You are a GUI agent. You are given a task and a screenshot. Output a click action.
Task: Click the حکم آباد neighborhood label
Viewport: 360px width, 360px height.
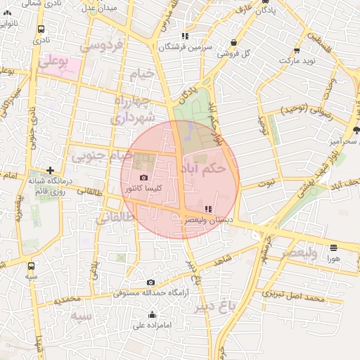click(x=203, y=169)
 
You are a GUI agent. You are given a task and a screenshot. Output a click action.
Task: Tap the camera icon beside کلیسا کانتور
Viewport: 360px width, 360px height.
click(x=144, y=178)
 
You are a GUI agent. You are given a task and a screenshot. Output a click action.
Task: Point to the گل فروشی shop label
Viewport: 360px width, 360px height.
click(x=239, y=53)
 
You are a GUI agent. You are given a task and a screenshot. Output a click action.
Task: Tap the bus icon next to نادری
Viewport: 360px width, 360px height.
click(x=41, y=30)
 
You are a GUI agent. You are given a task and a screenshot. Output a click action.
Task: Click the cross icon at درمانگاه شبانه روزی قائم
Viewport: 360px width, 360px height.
click(x=50, y=170)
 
